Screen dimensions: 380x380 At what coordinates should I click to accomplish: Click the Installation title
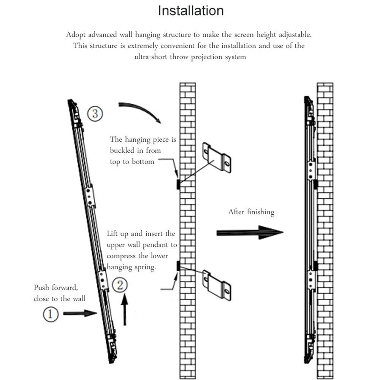coord(191,11)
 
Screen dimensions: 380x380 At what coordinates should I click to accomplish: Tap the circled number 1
coord(51,314)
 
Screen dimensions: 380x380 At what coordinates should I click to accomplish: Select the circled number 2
coord(120,285)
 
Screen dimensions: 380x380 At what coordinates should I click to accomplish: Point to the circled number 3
coord(95,114)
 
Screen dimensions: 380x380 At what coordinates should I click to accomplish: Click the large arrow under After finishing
coord(250,233)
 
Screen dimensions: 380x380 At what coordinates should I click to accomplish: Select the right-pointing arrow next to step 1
coord(80,313)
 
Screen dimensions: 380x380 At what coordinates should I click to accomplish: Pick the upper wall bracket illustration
coord(217,158)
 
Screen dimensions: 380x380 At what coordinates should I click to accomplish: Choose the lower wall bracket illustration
coord(217,285)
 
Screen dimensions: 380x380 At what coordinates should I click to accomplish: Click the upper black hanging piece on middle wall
coord(178,184)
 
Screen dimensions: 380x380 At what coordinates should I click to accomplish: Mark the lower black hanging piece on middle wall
coord(178,266)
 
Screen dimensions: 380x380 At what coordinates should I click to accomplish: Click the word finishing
coord(261,212)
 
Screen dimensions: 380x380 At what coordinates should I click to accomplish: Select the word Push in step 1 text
coord(41,287)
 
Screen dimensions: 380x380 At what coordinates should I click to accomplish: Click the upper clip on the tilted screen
coord(89,196)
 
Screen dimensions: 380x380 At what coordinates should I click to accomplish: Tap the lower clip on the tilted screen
coord(103,280)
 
